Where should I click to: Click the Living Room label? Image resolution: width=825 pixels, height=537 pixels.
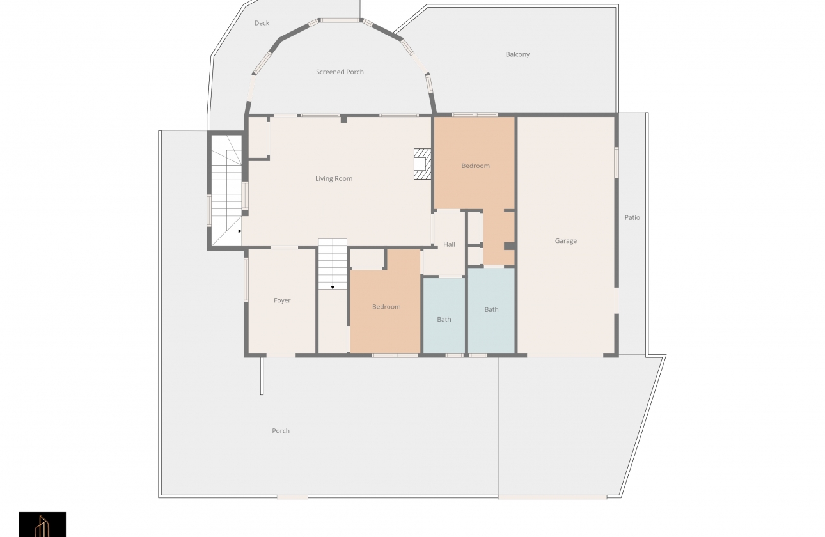[334, 179]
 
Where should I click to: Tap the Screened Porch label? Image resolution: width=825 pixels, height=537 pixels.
[340, 72]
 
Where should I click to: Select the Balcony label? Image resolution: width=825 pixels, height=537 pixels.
[517, 54]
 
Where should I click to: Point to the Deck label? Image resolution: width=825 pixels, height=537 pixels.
[262, 23]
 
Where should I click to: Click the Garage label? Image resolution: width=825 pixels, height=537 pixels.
[566, 241]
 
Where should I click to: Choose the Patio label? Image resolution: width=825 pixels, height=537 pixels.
[632, 217]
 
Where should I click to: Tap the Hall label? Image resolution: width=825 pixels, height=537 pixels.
[449, 244]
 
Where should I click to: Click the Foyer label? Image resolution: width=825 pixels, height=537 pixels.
[282, 300]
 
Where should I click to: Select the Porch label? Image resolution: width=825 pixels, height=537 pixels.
[281, 431]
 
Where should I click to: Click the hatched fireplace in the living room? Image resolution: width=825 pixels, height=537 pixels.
[423, 164]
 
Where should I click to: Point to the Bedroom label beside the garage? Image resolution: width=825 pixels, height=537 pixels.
[475, 166]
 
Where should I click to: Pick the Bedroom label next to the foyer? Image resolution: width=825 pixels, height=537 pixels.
[386, 307]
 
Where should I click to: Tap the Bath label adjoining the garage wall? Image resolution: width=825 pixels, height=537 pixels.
[491, 310]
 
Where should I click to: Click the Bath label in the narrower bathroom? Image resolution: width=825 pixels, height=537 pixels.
[444, 320]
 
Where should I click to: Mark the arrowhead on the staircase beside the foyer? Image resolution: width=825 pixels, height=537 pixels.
[333, 288]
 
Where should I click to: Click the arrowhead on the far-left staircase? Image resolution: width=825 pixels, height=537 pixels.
[240, 231]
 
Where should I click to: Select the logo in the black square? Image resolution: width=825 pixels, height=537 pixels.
[42, 524]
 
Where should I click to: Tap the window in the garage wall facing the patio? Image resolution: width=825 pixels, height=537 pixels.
[616, 162]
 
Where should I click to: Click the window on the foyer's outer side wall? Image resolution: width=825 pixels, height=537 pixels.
[246, 280]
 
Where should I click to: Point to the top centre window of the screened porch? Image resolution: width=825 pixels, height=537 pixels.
[340, 20]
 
